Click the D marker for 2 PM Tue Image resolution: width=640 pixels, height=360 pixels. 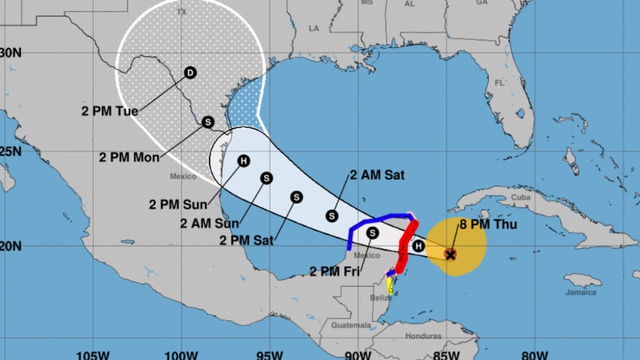pos(190,73)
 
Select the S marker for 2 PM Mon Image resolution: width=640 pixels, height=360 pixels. pos(207,122)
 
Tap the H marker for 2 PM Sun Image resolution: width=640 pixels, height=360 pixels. pos(244,161)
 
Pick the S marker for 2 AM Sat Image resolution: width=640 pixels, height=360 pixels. pos(332,215)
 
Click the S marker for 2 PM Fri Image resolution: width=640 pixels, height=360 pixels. pos(372,233)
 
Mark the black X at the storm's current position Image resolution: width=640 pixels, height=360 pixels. pos(450,255)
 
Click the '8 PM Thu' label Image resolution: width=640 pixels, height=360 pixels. pos(489,225)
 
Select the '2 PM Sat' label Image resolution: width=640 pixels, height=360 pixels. pos(246,241)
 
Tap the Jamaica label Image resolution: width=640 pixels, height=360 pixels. pos(581,292)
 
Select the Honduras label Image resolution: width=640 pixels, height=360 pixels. pos(423,336)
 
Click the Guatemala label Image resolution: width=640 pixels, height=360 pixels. pos(350,325)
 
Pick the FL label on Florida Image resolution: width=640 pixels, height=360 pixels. pos(499,83)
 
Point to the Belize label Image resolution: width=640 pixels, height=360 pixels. pos(381,298)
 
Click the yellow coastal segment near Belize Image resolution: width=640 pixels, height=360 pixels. pos(390,287)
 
